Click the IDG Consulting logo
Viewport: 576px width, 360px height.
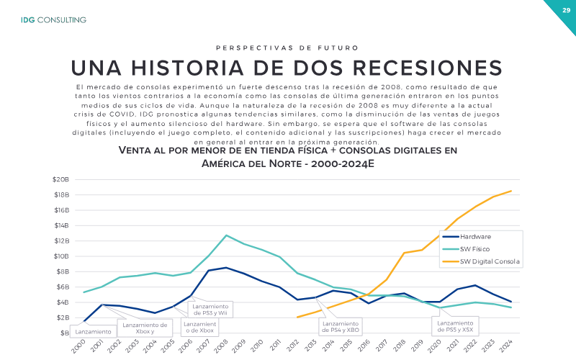pos(53,20)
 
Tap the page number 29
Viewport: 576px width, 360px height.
pos(566,10)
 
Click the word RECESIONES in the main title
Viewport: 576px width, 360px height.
pos(427,68)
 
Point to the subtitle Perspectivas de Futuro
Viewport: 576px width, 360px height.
pos(287,48)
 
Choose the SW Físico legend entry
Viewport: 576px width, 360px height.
pos(466,249)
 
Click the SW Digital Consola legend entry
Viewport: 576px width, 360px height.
pos(481,261)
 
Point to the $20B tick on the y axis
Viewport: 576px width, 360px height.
pos(61,179)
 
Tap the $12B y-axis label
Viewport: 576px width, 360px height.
pos(62,241)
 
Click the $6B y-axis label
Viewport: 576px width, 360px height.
pos(63,287)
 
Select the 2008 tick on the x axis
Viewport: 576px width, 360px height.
pos(221,346)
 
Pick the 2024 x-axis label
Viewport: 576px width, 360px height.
pos(506,346)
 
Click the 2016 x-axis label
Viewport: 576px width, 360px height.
pos(364,346)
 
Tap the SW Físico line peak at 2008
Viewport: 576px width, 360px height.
pos(226,235)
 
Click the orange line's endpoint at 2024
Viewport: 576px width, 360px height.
pos(511,191)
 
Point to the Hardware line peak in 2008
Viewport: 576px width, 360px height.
pos(226,268)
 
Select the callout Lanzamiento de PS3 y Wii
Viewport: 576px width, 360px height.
pos(210,310)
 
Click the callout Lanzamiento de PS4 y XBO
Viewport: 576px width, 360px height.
pos(341,327)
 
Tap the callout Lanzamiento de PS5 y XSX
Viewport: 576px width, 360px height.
pos(455,326)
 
